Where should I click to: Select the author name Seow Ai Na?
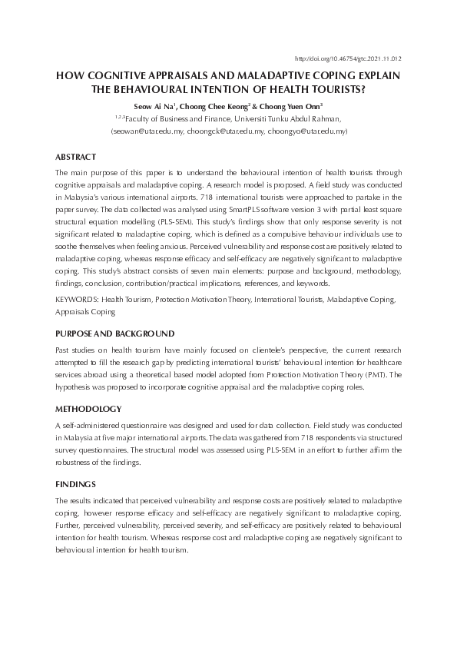click(x=156, y=105)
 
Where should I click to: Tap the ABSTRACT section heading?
click(x=75, y=157)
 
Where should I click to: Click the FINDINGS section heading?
click(x=75, y=485)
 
